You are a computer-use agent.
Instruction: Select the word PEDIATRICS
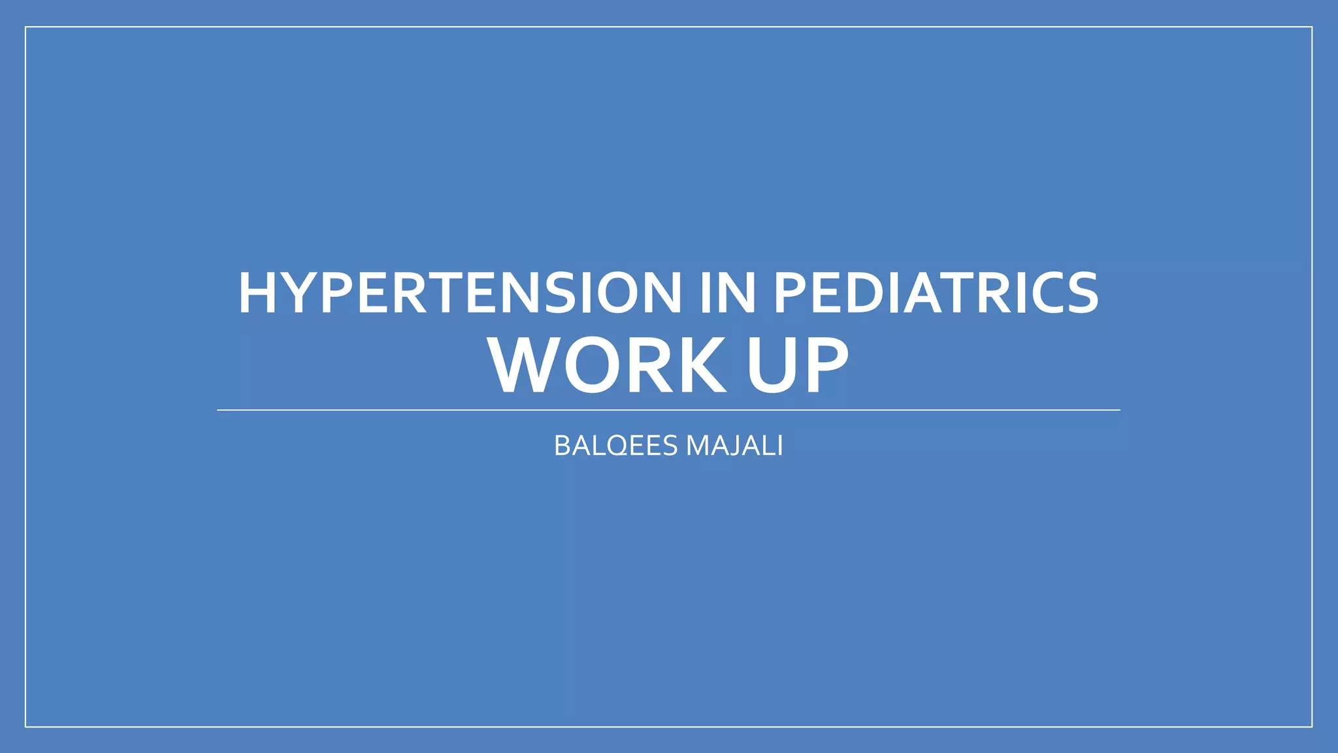[x=936, y=293]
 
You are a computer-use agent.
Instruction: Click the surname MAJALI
[x=734, y=446]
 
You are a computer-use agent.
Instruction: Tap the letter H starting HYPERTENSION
[x=256, y=293]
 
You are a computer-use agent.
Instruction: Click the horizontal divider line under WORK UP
[x=668, y=410]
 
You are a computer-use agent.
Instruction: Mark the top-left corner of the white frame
[x=25, y=27]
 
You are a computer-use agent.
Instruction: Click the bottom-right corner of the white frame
[x=1312, y=726]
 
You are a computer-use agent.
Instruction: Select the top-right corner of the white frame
[x=1312, y=27]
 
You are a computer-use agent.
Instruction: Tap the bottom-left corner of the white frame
[x=25, y=726]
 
